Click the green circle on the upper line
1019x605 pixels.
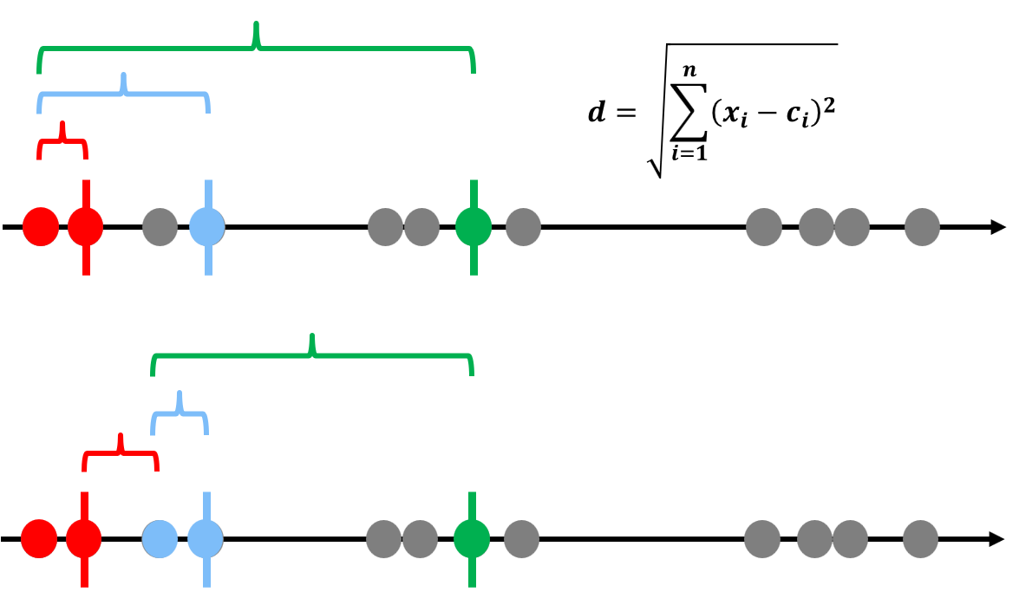tap(473, 227)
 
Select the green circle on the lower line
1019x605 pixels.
tap(472, 537)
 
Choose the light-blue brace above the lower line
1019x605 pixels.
tap(180, 413)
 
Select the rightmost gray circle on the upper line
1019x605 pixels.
tap(922, 227)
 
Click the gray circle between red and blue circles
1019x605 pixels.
tap(160, 227)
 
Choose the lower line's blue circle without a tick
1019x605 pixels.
tap(160, 538)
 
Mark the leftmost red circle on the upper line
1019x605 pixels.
tap(40, 227)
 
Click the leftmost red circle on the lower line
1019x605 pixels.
tap(39, 538)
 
